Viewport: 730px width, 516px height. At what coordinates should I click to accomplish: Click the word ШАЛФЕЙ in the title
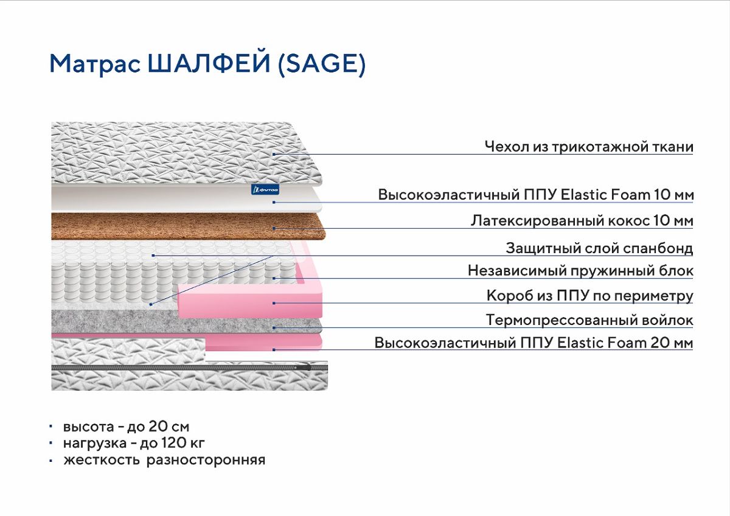tap(209, 63)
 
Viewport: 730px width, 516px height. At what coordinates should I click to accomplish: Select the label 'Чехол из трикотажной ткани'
tap(589, 147)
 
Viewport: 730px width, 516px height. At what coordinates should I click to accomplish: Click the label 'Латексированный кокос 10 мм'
tap(582, 221)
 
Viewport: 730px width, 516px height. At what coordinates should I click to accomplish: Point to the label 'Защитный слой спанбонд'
tap(599, 248)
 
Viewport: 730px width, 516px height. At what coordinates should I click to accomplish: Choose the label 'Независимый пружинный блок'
tap(580, 271)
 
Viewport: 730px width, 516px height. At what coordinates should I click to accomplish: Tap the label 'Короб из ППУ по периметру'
tap(589, 296)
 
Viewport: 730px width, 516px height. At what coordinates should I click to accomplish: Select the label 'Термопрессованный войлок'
tap(589, 320)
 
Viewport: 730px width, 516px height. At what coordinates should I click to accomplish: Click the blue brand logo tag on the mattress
tap(265, 189)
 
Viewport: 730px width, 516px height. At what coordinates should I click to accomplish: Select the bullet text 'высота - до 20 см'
tap(126, 427)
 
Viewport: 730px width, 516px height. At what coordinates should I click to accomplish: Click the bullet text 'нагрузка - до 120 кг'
tap(134, 443)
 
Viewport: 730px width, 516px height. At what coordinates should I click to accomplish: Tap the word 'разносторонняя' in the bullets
tap(206, 461)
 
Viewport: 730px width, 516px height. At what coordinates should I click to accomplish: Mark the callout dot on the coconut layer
tap(274, 228)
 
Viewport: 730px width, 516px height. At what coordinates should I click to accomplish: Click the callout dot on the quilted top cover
tap(274, 154)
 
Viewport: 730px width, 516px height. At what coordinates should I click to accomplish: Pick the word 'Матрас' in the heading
tap(95, 63)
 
